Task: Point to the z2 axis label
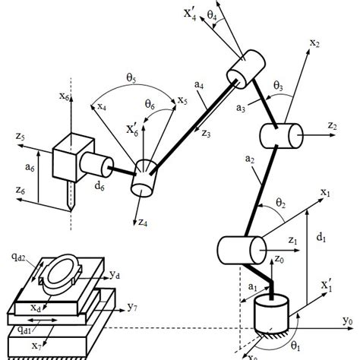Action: [332, 125]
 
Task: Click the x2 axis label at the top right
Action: [314, 44]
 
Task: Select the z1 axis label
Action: [293, 241]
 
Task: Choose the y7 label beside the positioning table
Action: [132, 308]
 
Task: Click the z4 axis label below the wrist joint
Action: [144, 222]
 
